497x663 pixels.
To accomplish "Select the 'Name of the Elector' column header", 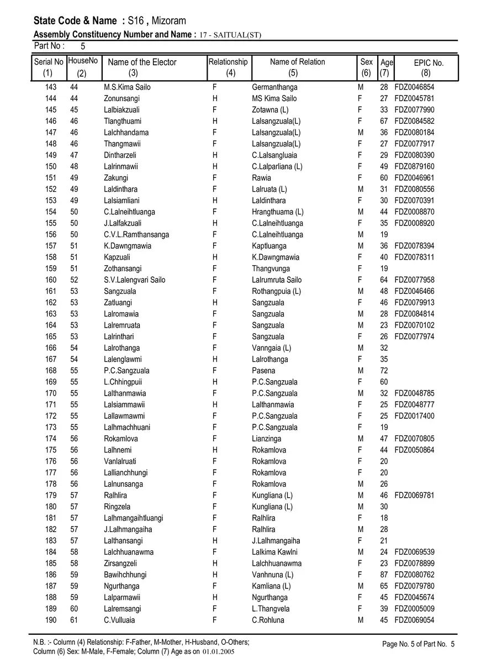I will click(x=142, y=62).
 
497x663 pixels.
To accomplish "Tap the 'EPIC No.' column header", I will click(x=429, y=63).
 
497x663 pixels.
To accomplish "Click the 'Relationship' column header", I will click(x=228, y=62).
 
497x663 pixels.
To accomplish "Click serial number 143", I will click(x=51, y=87).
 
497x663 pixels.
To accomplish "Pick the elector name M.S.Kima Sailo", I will click(x=127, y=87).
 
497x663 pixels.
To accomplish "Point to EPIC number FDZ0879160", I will click(x=414, y=167).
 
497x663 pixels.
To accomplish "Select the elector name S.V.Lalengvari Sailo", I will click(x=134, y=280).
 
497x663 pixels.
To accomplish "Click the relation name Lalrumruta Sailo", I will click(x=277, y=280).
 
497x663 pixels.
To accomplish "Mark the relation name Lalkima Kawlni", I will click(x=274, y=552).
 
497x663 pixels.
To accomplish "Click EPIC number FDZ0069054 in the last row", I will click(x=414, y=620).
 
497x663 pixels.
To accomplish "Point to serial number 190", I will click(x=51, y=620).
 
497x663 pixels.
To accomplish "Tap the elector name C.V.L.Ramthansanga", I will click(x=136, y=235).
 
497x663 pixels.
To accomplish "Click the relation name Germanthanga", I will click(x=274, y=87).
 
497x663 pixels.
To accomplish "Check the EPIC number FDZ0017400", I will click(x=414, y=416).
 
